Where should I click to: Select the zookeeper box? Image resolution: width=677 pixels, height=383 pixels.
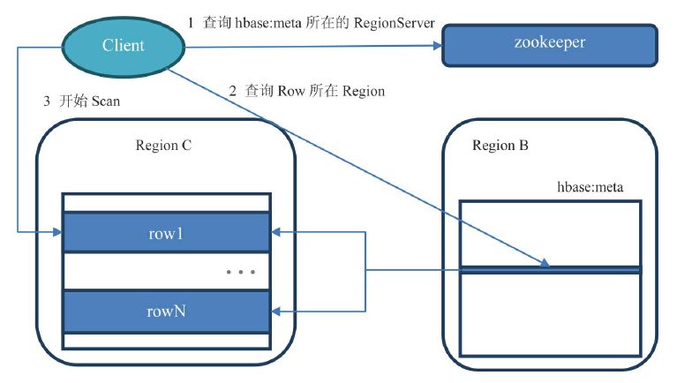point(549,44)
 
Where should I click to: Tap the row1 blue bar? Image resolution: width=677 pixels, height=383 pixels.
point(165,233)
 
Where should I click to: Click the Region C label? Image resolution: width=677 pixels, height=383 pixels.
point(163,146)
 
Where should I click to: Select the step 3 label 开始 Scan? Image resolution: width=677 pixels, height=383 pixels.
point(81,101)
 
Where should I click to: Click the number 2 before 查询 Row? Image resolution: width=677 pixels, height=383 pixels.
point(233,91)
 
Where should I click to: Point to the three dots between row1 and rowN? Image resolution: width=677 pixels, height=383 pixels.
point(240,272)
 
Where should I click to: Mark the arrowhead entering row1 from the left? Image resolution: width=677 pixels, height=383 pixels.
point(56,233)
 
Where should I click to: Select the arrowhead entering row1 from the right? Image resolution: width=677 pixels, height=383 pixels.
point(275,233)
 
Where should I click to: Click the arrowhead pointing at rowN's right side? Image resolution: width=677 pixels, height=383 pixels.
point(275,310)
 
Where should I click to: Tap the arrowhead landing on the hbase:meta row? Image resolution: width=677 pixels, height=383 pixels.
point(545,264)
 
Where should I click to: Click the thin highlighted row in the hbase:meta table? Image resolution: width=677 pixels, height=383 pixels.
point(550,269)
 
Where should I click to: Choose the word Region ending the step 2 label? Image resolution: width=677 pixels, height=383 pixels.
point(363,91)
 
